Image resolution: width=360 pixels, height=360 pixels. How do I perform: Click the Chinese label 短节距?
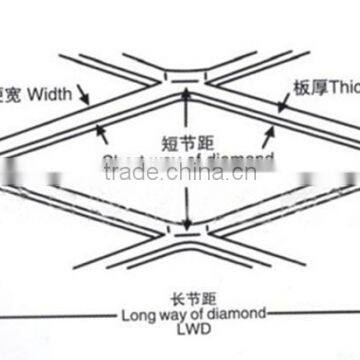pos(187,140)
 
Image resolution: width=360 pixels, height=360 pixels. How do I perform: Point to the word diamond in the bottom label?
pos(239,314)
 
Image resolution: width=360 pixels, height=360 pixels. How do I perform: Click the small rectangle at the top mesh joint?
pos(184,76)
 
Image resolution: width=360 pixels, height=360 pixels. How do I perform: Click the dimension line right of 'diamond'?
pos(310,314)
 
